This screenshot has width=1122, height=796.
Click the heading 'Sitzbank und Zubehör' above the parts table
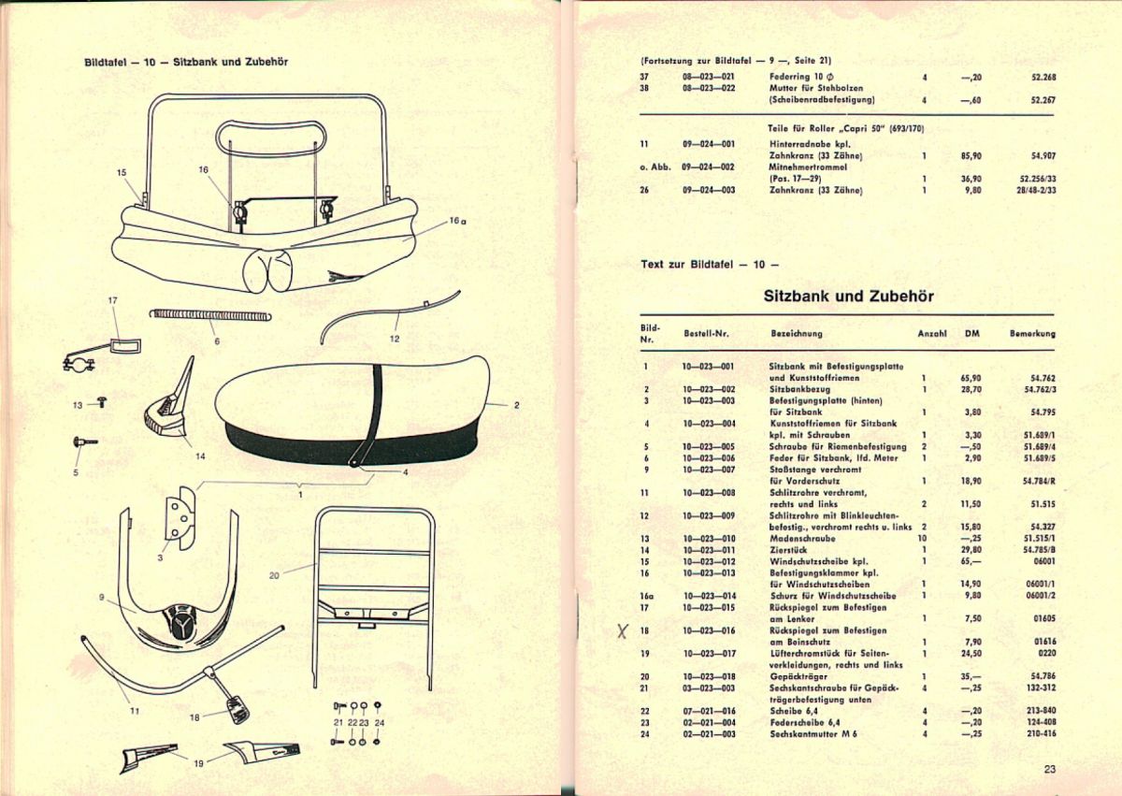pos(848,297)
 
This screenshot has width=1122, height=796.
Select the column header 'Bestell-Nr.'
pos(706,333)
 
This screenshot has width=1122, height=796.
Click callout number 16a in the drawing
pos(456,222)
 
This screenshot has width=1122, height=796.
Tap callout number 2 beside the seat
pos(517,405)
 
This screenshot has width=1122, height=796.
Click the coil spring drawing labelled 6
pos(210,315)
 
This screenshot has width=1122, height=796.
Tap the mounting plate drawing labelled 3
pos(176,515)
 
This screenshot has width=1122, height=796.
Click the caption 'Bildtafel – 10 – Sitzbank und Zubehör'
pos(185,63)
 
